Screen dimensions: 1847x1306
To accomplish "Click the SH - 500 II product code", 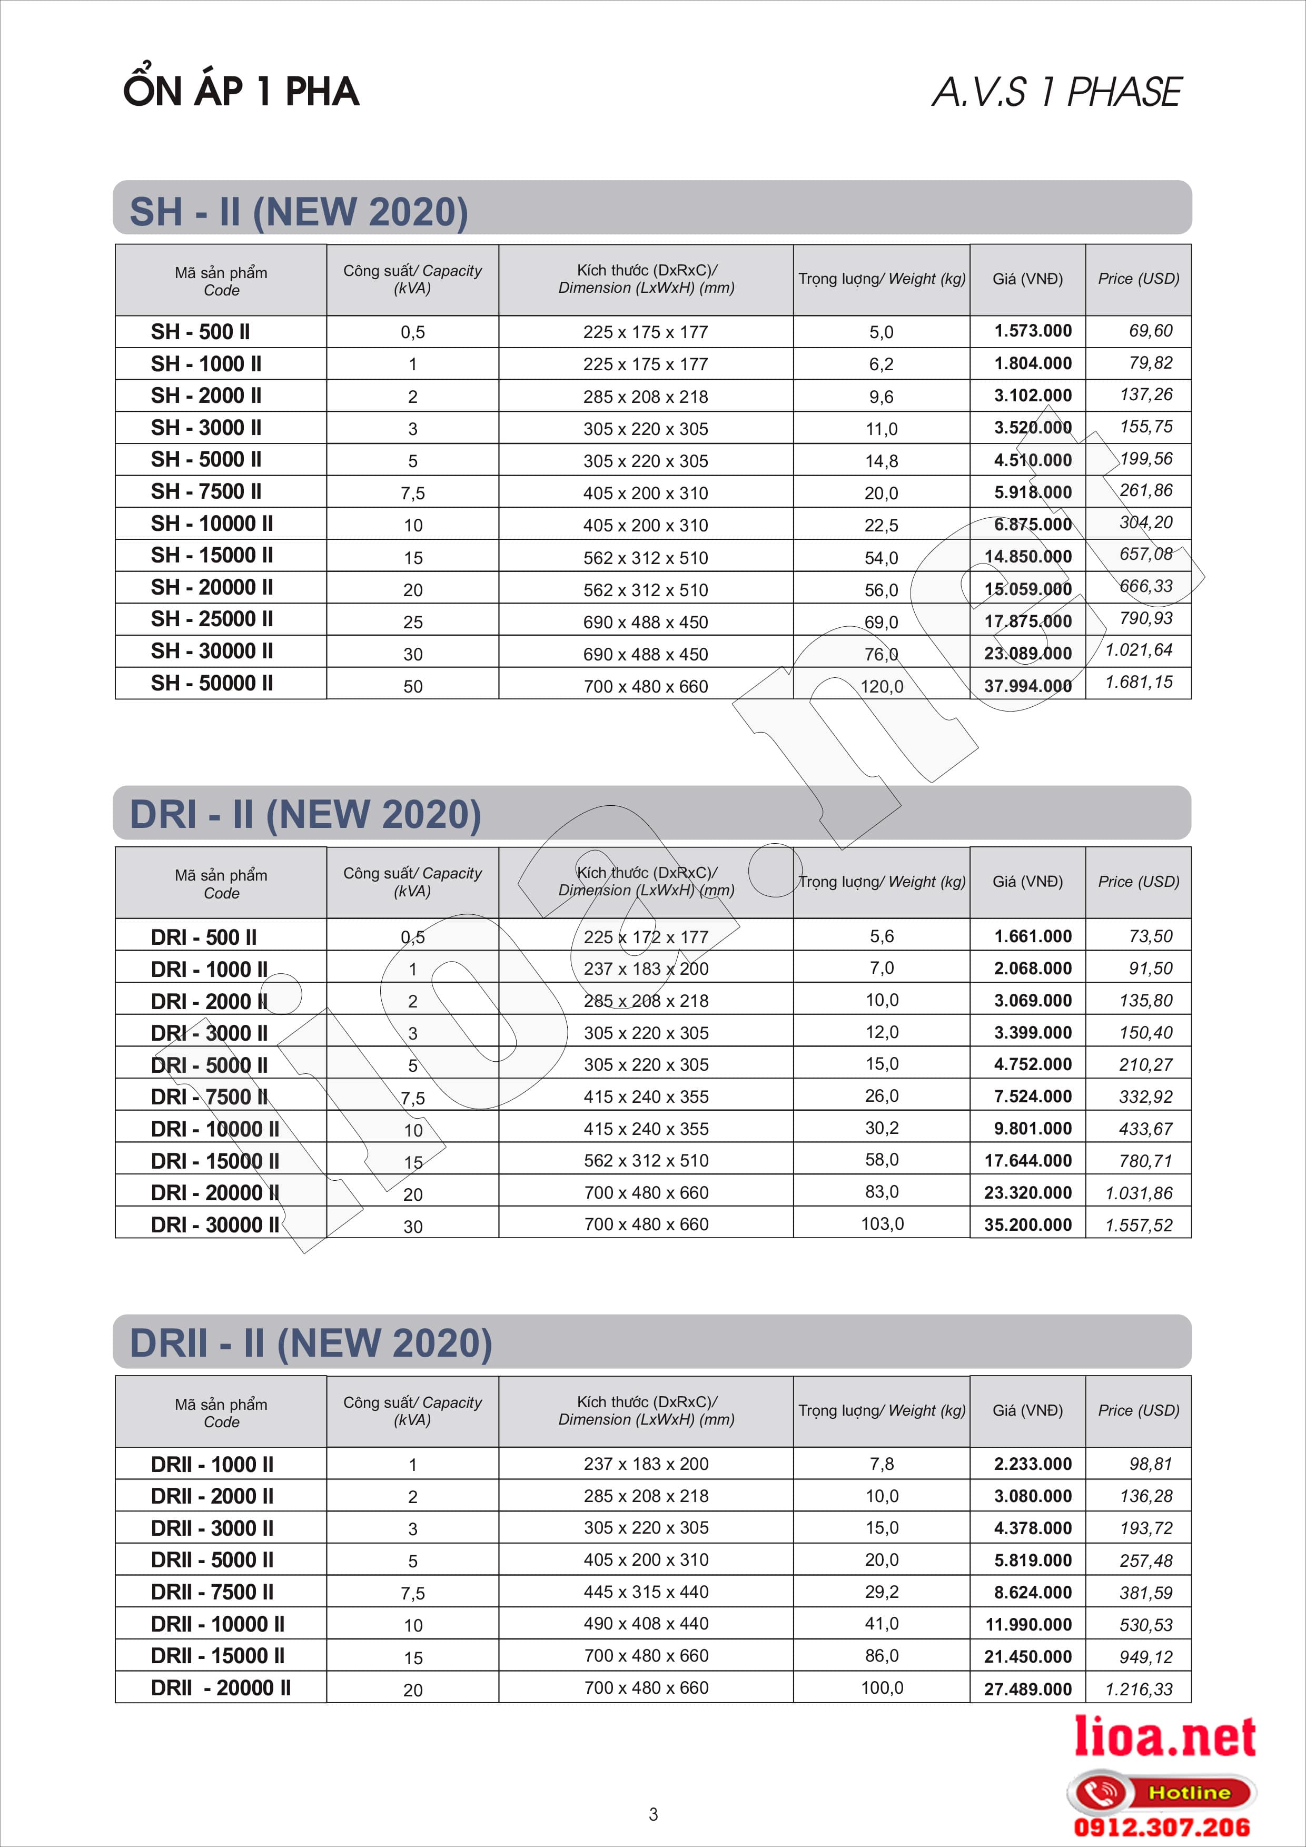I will tap(200, 331).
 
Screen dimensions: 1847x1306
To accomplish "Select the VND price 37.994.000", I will tap(1028, 685).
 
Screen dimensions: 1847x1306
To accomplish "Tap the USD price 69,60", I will tap(1150, 331).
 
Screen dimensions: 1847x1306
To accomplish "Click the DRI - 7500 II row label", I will tap(209, 1097).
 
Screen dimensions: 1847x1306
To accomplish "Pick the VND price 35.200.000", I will tap(1028, 1224).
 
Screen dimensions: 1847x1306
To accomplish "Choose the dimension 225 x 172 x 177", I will tap(646, 937).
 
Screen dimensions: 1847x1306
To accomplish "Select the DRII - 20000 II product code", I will tap(220, 1688).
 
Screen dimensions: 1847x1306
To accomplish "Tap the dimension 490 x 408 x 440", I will tap(646, 1623).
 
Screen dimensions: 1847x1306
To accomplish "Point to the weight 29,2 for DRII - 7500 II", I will tap(882, 1591).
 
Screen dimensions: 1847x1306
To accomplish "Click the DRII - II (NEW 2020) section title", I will tap(310, 1342).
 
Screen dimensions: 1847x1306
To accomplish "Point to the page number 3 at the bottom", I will tap(653, 1814).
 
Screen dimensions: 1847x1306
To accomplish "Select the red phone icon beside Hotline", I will tap(1100, 1792).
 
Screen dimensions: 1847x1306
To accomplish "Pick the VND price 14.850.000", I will tap(1028, 557).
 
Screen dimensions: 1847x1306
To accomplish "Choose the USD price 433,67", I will tap(1145, 1129).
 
